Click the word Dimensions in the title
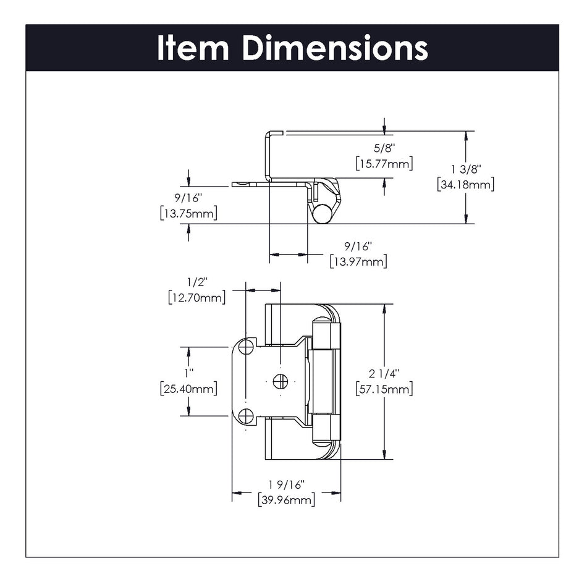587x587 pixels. [x=334, y=48]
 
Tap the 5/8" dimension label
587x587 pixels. [x=384, y=148]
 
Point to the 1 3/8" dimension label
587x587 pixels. [x=465, y=169]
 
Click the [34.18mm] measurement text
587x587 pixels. [x=465, y=184]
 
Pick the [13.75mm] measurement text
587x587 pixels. [x=187, y=213]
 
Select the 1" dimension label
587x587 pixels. [x=188, y=373]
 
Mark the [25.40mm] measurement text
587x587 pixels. [x=188, y=389]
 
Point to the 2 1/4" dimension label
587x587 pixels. [x=384, y=373]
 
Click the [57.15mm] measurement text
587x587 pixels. [x=384, y=389]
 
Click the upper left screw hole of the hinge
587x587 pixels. [x=246, y=347]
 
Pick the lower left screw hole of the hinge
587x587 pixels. [x=246, y=416]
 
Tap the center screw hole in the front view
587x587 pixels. [x=280, y=381]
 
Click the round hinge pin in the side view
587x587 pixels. [x=320, y=213]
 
